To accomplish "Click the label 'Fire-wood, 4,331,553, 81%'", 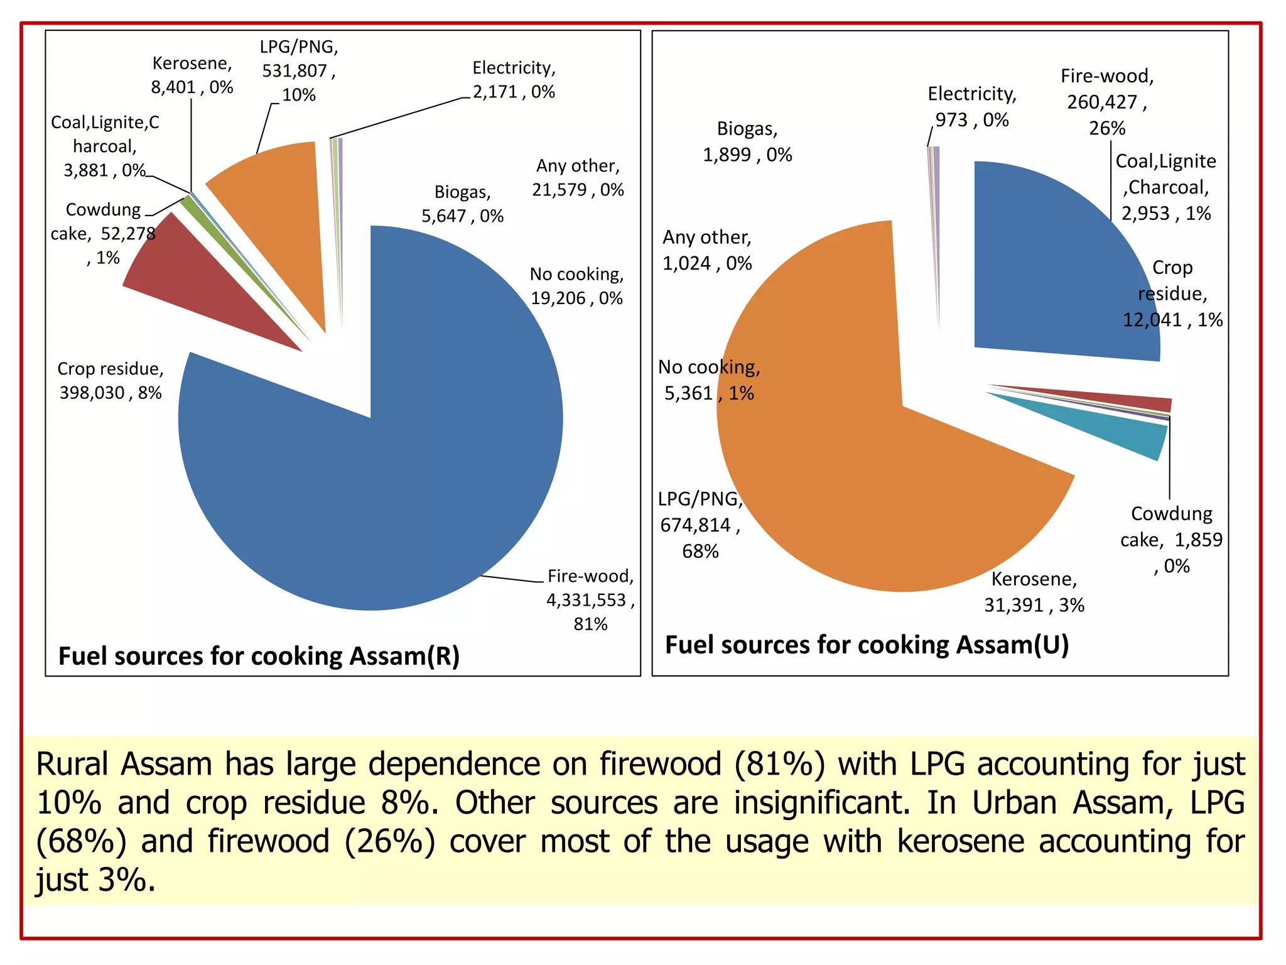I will pos(590,599).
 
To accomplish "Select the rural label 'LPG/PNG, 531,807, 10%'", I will pos(299,70).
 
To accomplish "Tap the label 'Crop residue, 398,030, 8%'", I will pos(111,381).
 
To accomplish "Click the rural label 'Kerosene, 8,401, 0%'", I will pos(192,75).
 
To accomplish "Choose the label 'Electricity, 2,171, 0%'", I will pos(514,80).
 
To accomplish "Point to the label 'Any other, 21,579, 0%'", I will pos(578,178).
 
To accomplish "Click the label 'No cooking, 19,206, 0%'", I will pos(576,286).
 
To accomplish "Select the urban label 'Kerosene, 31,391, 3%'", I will pos(1034,592).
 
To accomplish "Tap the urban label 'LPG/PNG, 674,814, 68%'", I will pos(700,525).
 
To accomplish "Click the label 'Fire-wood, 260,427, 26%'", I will pos(1107,102).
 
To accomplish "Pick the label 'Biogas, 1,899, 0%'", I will pos(747,141).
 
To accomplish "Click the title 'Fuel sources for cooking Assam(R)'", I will pos(259,656).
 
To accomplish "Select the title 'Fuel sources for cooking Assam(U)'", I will pos(867,645).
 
